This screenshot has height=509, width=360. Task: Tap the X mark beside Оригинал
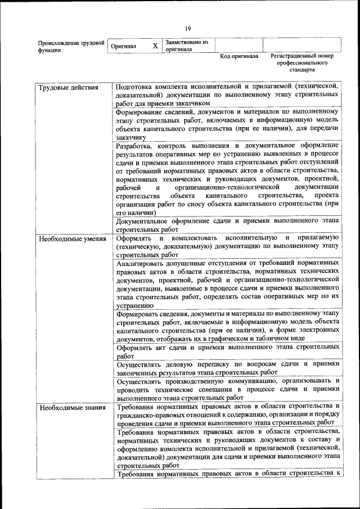(x=155, y=46)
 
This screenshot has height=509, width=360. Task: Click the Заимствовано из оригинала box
(x=187, y=46)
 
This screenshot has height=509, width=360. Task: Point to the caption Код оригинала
(x=239, y=57)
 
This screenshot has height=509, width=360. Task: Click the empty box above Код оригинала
(x=238, y=45)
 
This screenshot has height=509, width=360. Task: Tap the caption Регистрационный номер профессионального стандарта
(x=302, y=63)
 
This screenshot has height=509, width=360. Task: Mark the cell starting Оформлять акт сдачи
(x=227, y=352)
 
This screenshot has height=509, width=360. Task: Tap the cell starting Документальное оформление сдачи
(x=227, y=226)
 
